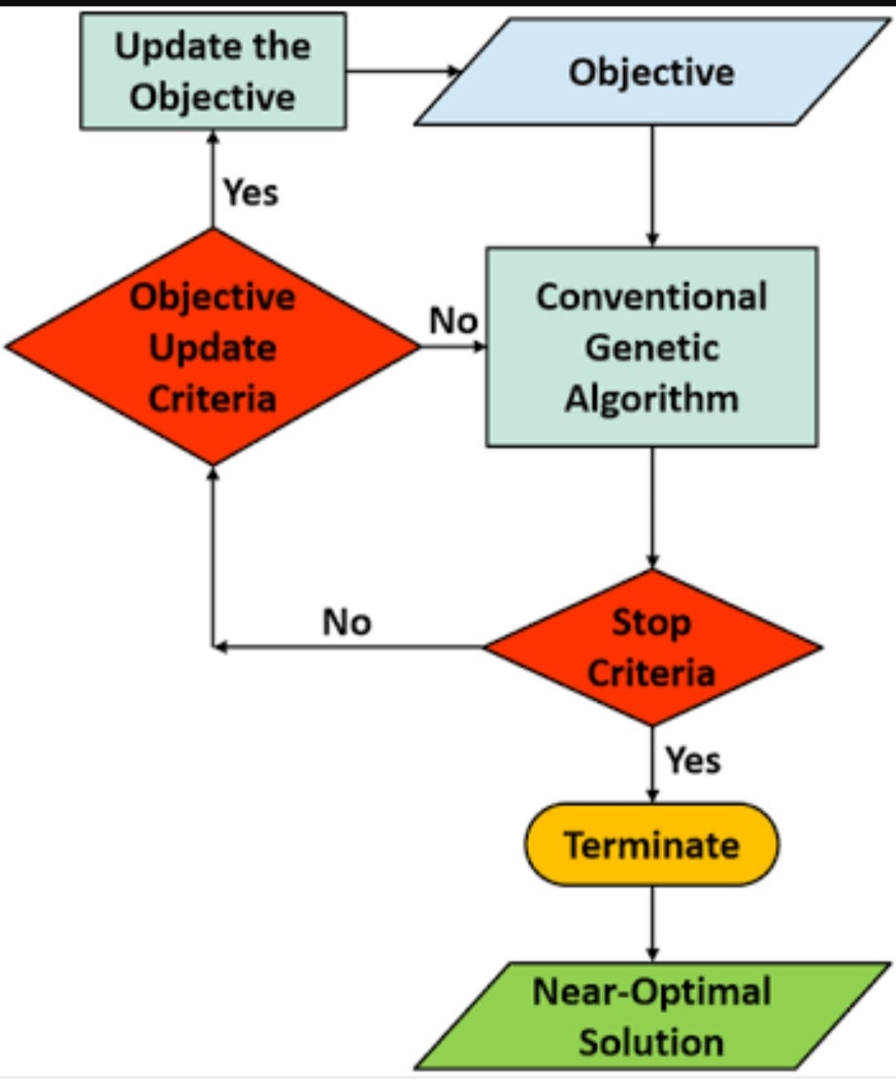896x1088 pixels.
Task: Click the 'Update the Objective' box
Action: coord(212,71)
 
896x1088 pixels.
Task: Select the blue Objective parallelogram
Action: coord(651,72)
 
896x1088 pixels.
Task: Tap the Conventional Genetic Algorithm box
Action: coord(651,347)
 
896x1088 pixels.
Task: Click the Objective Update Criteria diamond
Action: coord(212,347)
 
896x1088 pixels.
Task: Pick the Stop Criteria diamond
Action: coord(652,647)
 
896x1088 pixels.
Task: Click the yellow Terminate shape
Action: coord(651,845)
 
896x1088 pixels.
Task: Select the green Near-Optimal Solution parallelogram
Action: coord(651,1016)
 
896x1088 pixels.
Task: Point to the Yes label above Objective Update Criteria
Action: coord(251,193)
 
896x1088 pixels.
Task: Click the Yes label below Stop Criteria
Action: coord(693,760)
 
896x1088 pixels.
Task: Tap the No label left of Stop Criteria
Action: coord(347,622)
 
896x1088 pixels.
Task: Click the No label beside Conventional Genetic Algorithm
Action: coord(453,320)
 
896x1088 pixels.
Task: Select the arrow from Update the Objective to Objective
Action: coord(402,71)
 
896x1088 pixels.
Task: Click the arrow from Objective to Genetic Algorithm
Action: coord(652,186)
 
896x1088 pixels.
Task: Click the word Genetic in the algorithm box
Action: coord(651,347)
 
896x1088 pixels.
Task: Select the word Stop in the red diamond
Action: coord(651,622)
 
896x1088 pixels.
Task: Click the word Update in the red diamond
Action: coord(212,348)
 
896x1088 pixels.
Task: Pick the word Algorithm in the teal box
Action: coord(651,398)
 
